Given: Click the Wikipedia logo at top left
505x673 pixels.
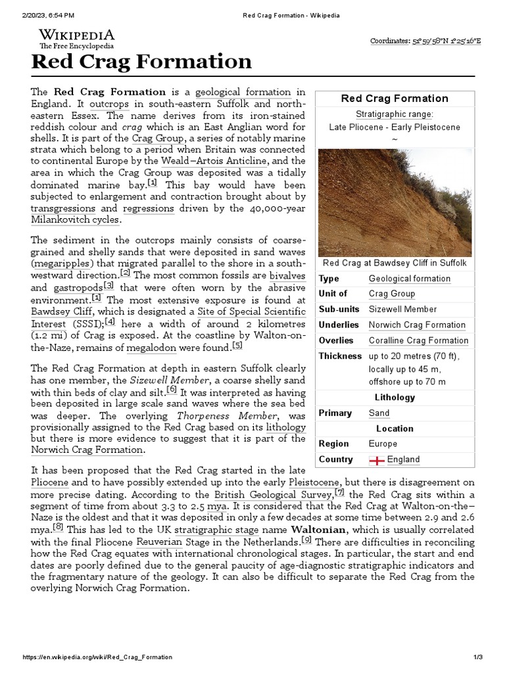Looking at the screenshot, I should tap(76, 39).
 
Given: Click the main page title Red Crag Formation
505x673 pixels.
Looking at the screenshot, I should tap(142, 62).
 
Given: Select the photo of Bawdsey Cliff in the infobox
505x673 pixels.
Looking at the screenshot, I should tap(395, 202).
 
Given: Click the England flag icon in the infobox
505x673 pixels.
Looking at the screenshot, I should tap(377, 459).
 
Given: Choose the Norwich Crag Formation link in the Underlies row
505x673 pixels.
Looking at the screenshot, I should tap(417, 325).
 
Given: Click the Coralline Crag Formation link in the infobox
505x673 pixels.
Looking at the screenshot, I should tap(418, 340).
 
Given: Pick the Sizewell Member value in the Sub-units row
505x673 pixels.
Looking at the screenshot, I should tap(402, 309).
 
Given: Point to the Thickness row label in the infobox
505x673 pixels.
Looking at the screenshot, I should tap(340, 356).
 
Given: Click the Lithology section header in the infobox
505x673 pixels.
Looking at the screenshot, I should tap(395, 397).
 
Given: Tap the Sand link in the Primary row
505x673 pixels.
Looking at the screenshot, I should tap(379, 413).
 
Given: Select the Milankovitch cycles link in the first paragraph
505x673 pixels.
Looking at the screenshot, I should tap(76, 220).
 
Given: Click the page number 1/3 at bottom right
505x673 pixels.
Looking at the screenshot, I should tap(478, 657).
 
